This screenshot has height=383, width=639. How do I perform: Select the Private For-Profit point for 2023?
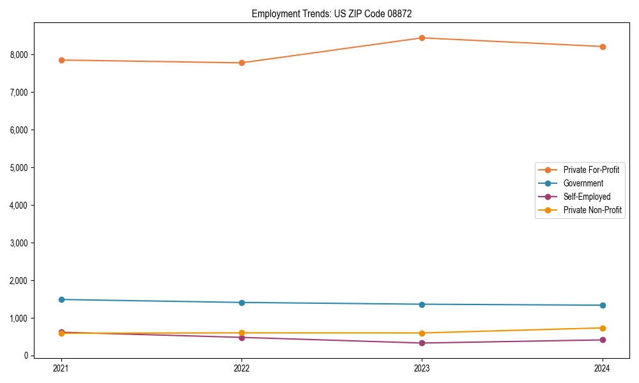tap(422, 38)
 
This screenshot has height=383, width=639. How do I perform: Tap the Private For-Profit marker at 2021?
tap(61, 60)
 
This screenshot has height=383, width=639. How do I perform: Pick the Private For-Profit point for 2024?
tap(603, 47)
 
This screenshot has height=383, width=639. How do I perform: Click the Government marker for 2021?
tap(61, 299)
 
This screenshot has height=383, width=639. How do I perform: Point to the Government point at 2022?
tap(242, 303)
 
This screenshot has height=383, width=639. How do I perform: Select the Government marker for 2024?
tap(603, 305)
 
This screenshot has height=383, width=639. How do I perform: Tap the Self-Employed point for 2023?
tap(422, 343)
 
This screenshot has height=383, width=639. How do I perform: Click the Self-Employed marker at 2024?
tap(603, 340)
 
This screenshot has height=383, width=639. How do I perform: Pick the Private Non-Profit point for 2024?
tap(603, 328)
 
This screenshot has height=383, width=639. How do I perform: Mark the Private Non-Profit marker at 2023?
tap(422, 333)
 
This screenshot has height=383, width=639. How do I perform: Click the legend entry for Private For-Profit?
tap(591, 170)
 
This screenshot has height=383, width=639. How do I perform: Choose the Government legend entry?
tap(583, 183)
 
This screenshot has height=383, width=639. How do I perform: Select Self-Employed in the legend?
tap(587, 197)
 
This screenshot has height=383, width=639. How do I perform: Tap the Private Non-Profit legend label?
tap(592, 210)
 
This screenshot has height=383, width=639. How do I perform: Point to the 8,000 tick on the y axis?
tap(19, 55)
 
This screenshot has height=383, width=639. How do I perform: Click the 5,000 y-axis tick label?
tap(19, 168)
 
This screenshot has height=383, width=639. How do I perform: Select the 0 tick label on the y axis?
tap(27, 356)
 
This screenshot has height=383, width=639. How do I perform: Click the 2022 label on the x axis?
tap(242, 368)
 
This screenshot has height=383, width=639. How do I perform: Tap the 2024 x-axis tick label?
tap(603, 368)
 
